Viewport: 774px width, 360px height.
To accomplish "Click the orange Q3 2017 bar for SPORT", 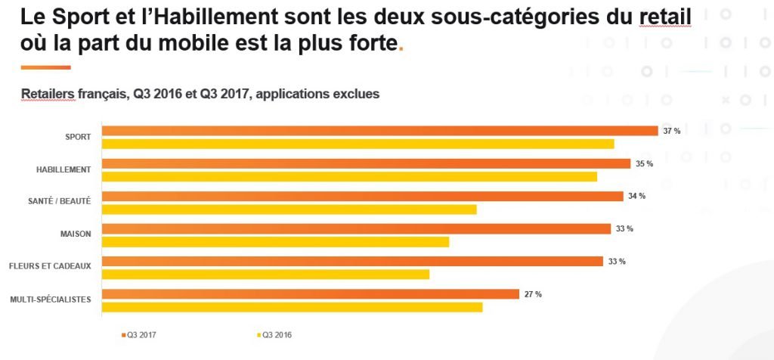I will coord(379,131).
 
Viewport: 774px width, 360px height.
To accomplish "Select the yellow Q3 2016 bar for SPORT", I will coord(358,144).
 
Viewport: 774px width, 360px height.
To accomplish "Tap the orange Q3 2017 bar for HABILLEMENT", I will coord(366,163).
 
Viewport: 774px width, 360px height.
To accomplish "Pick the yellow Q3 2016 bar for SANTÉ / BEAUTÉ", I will coord(289,209).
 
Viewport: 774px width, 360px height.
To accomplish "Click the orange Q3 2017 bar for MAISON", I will coord(356,228).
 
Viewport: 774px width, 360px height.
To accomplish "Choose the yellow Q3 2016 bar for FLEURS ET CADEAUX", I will coord(265,275).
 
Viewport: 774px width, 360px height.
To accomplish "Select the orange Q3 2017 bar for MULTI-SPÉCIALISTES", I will coord(310,294).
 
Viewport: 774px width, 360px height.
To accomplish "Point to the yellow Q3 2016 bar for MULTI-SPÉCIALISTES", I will coord(292,307).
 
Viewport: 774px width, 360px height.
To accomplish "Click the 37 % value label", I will coord(672,131).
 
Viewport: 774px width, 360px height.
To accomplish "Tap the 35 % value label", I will coord(645,163).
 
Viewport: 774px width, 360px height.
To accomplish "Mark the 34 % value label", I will coord(636,196).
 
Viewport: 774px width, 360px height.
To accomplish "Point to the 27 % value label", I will coord(533,294).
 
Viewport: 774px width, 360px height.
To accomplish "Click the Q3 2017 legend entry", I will coord(139,334).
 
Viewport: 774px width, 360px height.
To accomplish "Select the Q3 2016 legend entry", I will coord(275,334).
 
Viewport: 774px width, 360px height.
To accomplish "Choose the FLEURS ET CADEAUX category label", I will coord(50,266).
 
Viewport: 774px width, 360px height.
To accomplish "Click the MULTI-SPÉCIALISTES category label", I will coord(51,299).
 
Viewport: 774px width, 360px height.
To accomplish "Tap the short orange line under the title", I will coord(46,67).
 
